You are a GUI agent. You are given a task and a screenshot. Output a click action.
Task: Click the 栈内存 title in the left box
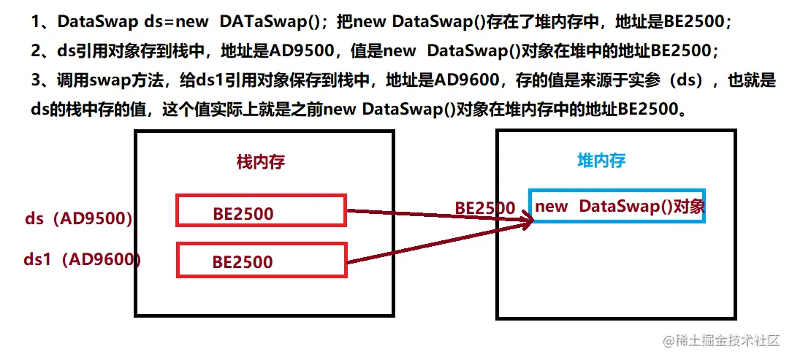(x=260, y=161)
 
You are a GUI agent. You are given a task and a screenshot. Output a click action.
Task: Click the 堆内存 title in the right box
(x=601, y=161)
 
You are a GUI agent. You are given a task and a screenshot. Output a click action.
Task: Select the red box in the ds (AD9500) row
(x=260, y=210)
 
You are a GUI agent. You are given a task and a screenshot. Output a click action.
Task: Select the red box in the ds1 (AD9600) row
(x=260, y=261)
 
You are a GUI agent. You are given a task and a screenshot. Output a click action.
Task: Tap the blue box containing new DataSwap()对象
(x=618, y=207)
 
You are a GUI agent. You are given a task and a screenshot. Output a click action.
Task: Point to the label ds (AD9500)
(x=78, y=218)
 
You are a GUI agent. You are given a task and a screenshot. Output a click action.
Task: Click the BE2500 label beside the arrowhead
(x=485, y=207)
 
